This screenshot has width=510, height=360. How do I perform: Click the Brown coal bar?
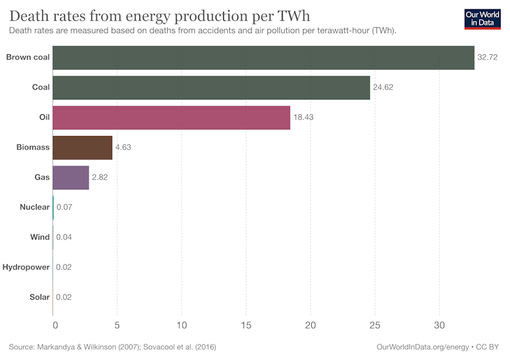pyautogui.click(x=263, y=58)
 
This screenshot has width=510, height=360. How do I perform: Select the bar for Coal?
pyautogui.click(x=211, y=87)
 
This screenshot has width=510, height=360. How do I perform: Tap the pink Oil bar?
pyautogui.click(x=171, y=117)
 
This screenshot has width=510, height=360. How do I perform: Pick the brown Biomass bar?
pyautogui.click(x=83, y=147)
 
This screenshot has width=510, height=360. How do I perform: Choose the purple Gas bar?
pyautogui.click(x=71, y=177)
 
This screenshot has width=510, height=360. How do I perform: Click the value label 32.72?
pyautogui.click(x=488, y=58)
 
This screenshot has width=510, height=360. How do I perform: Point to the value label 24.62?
pyautogui.click(x=384, y=87)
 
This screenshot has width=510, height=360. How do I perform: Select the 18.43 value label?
pyautogui.click(x=304, y=117)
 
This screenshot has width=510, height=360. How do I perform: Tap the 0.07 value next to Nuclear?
pyautogui.click(x=64, y=207)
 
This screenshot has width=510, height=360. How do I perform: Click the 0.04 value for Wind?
pyautogui.click(x=64, y=237)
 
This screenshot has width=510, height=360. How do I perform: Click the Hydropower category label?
pyautogui.click(x=26, y=267)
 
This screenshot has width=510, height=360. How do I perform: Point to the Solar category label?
pyautogui.click(x=39, y=297)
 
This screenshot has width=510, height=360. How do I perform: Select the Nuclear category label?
pyautogui.click(x=34, y=207)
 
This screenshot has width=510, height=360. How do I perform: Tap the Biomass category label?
pyautogui.click(x=32, y=147)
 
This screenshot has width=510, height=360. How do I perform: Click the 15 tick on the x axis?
pyautogui.click(x=246, y=324)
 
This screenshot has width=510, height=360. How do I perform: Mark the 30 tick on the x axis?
pyautogui.click(x=440, y=324)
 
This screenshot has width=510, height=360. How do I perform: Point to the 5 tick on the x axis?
pyautogui.click(x=117, y=324)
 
